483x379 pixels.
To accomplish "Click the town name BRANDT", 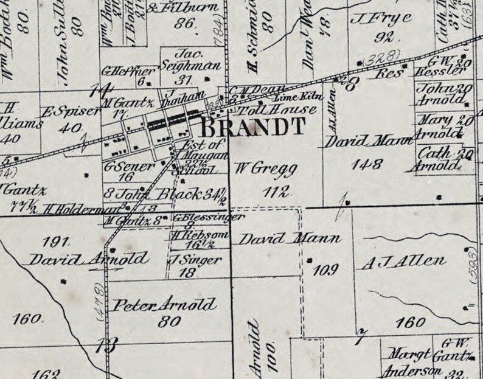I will click(252, 128).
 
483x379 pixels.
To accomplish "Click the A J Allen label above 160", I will click(403, 262).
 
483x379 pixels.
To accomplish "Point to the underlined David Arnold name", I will click(89, 259).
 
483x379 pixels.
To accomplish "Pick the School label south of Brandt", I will click(196, 172).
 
